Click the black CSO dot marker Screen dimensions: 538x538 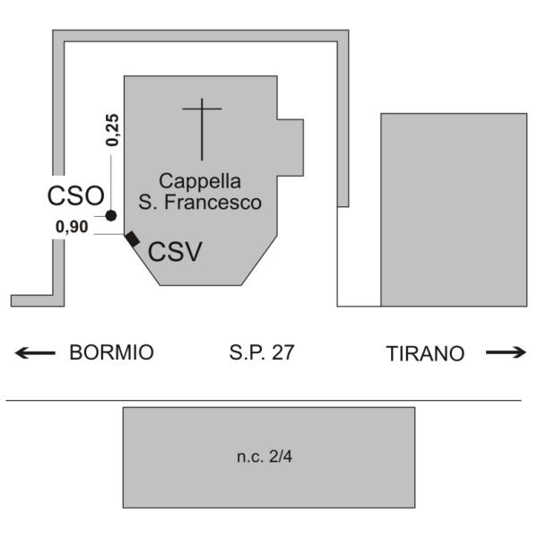click(110, 215)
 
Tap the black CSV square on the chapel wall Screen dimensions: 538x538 click(132, 239)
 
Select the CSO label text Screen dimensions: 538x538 click(76, 195)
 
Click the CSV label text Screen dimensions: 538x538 click(176, 252)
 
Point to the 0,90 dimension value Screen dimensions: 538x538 click(72, 227)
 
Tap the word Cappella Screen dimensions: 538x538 click(200, 181)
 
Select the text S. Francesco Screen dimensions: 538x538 click(201, 203)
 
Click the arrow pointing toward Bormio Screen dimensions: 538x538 click(33, 352)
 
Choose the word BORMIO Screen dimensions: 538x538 click(111, 352)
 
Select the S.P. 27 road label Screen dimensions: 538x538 click(261, 352)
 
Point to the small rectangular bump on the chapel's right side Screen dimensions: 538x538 click(291, 144)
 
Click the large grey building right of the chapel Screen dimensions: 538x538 click(454, 208)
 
